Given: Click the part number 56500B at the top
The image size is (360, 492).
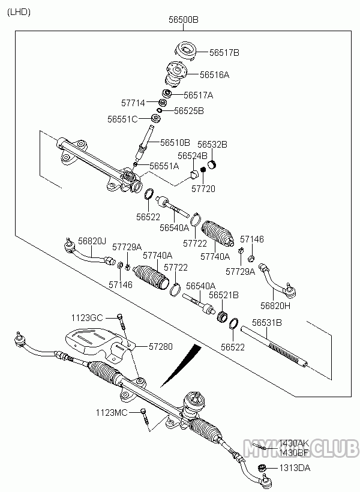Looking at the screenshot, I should pyautogui.click(x=184, y=20).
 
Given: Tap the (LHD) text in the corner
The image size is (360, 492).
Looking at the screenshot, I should pyautogui.click(x=18, y=11).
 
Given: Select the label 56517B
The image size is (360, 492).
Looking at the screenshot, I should pyautogui.click(x=224, y=53).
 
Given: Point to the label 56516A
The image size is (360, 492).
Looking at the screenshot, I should pyautogui.click(x=214, y=75).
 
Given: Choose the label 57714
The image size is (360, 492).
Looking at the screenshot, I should pyautogui.click(x=134, y=103).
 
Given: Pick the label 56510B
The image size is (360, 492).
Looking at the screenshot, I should pyautogui.click(x=175, y=142).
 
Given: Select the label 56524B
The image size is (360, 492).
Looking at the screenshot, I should pyautogui.click(x=192, y=155).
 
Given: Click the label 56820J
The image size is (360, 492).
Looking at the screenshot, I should pyautogui.click(x=91, y=241).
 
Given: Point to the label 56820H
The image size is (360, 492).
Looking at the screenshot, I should pyautogui.click(x=275, y=305).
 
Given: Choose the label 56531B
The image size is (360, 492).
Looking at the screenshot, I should pyautogui.click(x=266, y=323).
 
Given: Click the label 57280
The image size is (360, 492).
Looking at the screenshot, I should pyautogui.click(x=160, y=347).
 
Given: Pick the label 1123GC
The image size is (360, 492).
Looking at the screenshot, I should pyautogui.click(x=87, y=317).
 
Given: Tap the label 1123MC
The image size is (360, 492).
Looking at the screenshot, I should pyautogui.click(x=111, y=412).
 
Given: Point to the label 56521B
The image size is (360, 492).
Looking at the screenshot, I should pyautogui.click(x=224, y=295).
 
